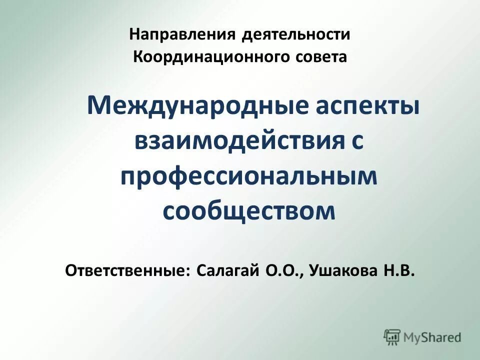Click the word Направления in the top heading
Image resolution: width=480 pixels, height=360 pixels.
[182, 35]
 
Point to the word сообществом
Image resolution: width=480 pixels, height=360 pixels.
[248, 210]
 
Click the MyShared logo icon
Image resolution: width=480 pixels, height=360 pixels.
[392, 337]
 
